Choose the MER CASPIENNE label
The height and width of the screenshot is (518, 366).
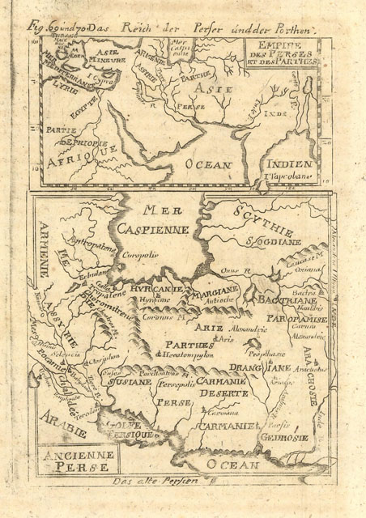pyautogui.click(x=158, y=220)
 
